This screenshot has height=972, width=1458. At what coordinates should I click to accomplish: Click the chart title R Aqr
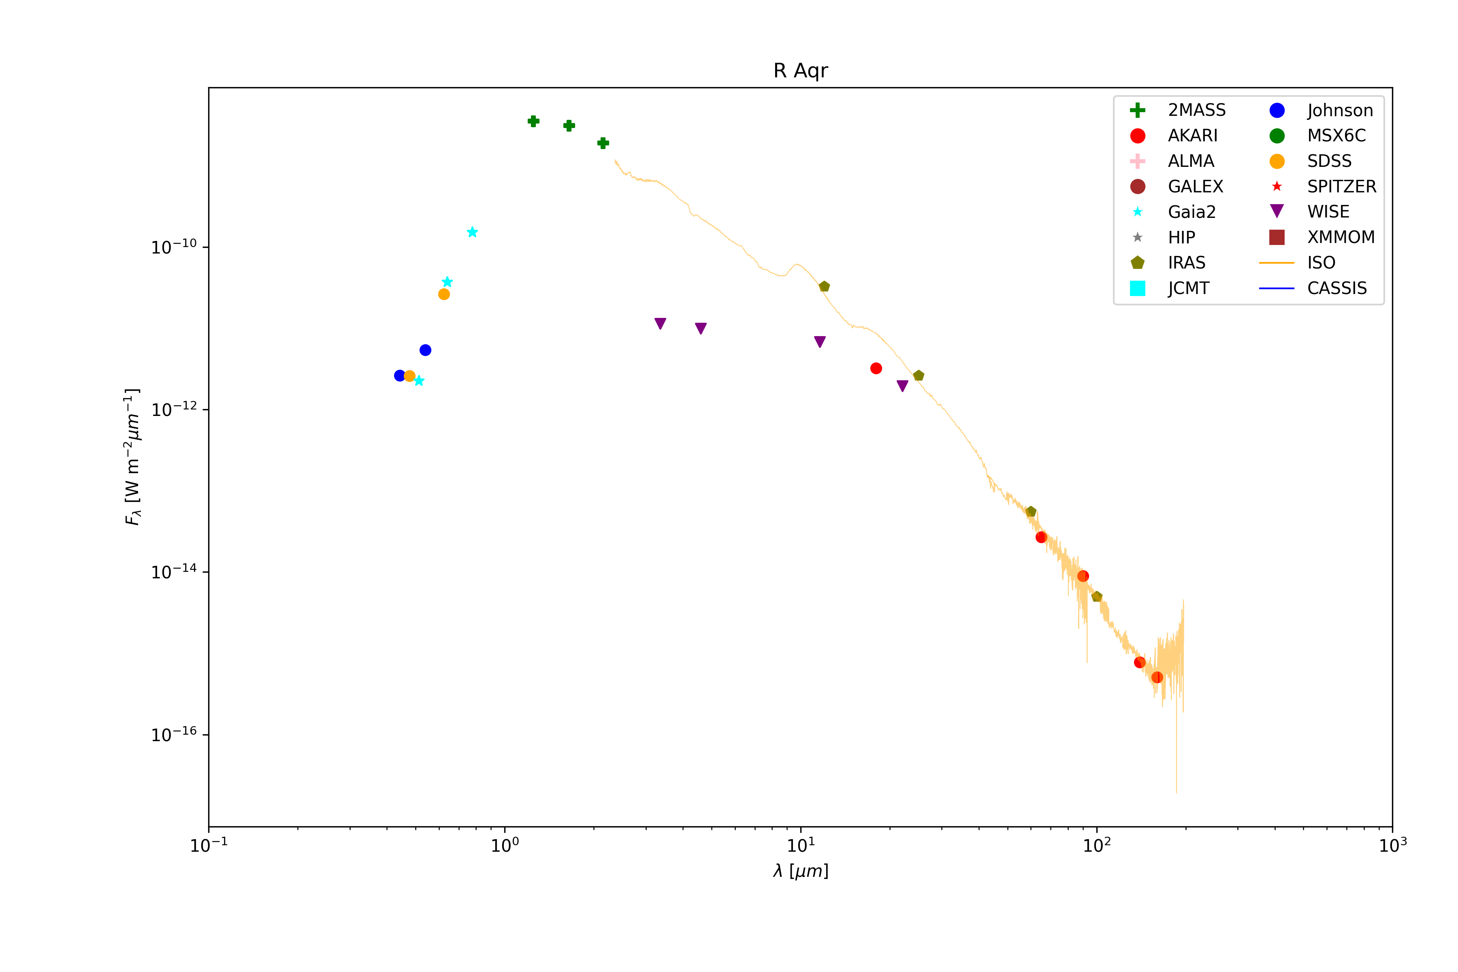pyautogui.click(x=800, y=70)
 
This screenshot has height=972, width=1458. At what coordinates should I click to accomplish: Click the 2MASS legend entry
pyautogui.click(x=1196, y=110)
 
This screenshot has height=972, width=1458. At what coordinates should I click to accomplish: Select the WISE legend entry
pyautogui.click(x=1328, y=212)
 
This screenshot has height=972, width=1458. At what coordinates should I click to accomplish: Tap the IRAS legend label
pyautogui.click(x=1187, y=263)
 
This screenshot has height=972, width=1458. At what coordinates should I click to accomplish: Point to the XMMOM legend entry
pyautogui.click(x=1340, y=237)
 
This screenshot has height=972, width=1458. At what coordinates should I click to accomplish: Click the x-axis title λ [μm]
pyautogui.click(x=800, y=871)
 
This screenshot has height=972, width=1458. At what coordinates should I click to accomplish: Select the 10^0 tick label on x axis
pyautogui.click(x=505, y=845)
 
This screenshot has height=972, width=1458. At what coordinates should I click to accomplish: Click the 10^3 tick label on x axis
pyautogui.click(x=1392, y=845)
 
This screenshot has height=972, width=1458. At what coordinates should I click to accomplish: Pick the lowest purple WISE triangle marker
pyautogui.click(x=903, y=386)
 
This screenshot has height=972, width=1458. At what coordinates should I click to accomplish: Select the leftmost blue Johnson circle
pyautogui.click(x=400, y=376)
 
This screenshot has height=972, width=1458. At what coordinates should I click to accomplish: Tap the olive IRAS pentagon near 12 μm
pyautogui.click(x=824, y=286)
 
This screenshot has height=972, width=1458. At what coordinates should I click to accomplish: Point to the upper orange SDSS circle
pyautogui.click(x=444, y=294)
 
